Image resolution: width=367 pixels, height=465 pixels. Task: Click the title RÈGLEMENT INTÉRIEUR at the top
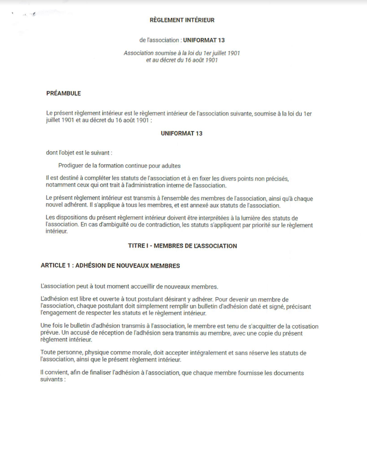(182, 20)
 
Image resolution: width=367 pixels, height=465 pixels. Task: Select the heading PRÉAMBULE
(63, 93)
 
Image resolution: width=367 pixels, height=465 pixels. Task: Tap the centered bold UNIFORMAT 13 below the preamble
(182, 134)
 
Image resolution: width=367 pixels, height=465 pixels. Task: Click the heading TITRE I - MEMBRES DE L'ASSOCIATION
(182, 246)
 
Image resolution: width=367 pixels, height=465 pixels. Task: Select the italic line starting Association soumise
(182, 53)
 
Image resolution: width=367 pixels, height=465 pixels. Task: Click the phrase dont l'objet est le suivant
(79, 153)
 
